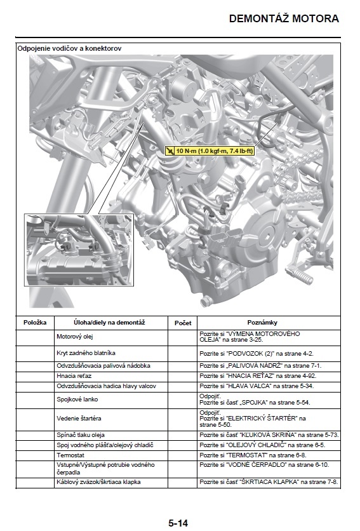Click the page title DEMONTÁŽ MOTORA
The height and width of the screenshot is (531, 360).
point(284,18)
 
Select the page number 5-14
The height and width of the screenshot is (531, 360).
point(178,523)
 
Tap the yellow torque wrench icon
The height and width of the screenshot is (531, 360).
point(170,151)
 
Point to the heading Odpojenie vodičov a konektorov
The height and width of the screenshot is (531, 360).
point(70,48)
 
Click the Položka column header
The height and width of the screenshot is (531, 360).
point(35,323)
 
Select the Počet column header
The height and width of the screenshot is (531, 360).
point(183,323)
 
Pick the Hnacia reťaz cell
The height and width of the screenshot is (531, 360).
point(75,376)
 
